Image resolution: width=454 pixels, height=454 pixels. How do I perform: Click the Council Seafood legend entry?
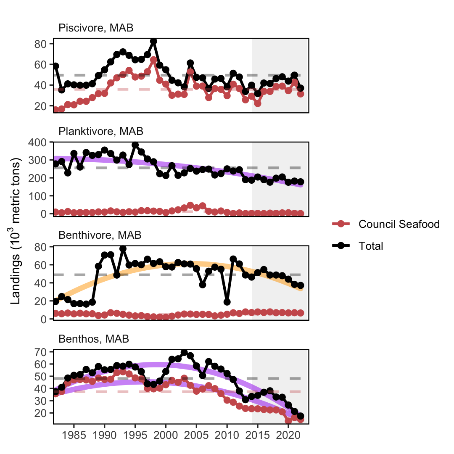[x=385, y=224]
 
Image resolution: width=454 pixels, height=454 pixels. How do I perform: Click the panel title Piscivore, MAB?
[x=96, y=28]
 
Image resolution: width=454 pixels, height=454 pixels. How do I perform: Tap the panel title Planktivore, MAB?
[x=101, y=131]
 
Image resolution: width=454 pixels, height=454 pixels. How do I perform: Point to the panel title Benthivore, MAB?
[x=100, y=235]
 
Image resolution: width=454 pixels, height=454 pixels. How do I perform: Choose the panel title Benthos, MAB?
[x=93, y=338]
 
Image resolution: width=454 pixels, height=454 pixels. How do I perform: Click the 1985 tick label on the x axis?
[x=74, y=435]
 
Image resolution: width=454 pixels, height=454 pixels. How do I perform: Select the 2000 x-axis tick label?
[x=166, y=435]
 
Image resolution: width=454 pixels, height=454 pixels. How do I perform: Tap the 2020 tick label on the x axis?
[x=288, y=435]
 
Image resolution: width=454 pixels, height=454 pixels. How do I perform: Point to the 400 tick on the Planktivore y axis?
[x=37, y=143]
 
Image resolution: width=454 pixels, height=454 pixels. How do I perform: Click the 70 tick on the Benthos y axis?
[x=41, y=352]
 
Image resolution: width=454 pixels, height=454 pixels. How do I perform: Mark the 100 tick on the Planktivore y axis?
[x=37, y=196]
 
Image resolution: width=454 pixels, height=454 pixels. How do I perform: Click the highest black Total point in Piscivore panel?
[x=153, y=41]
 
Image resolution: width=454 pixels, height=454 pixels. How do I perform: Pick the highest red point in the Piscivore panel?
[x=153, y=60]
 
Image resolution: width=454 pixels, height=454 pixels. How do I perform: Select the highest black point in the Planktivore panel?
[x=135, y=145]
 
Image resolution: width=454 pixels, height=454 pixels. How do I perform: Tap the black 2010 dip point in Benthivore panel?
[x=227, y=302]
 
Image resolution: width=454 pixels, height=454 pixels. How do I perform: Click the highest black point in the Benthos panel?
[x=184, y=353]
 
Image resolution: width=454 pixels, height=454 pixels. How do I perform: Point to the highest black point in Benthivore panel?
[x=123, y=249]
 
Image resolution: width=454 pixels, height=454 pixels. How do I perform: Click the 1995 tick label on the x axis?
[x=135, y=435]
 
